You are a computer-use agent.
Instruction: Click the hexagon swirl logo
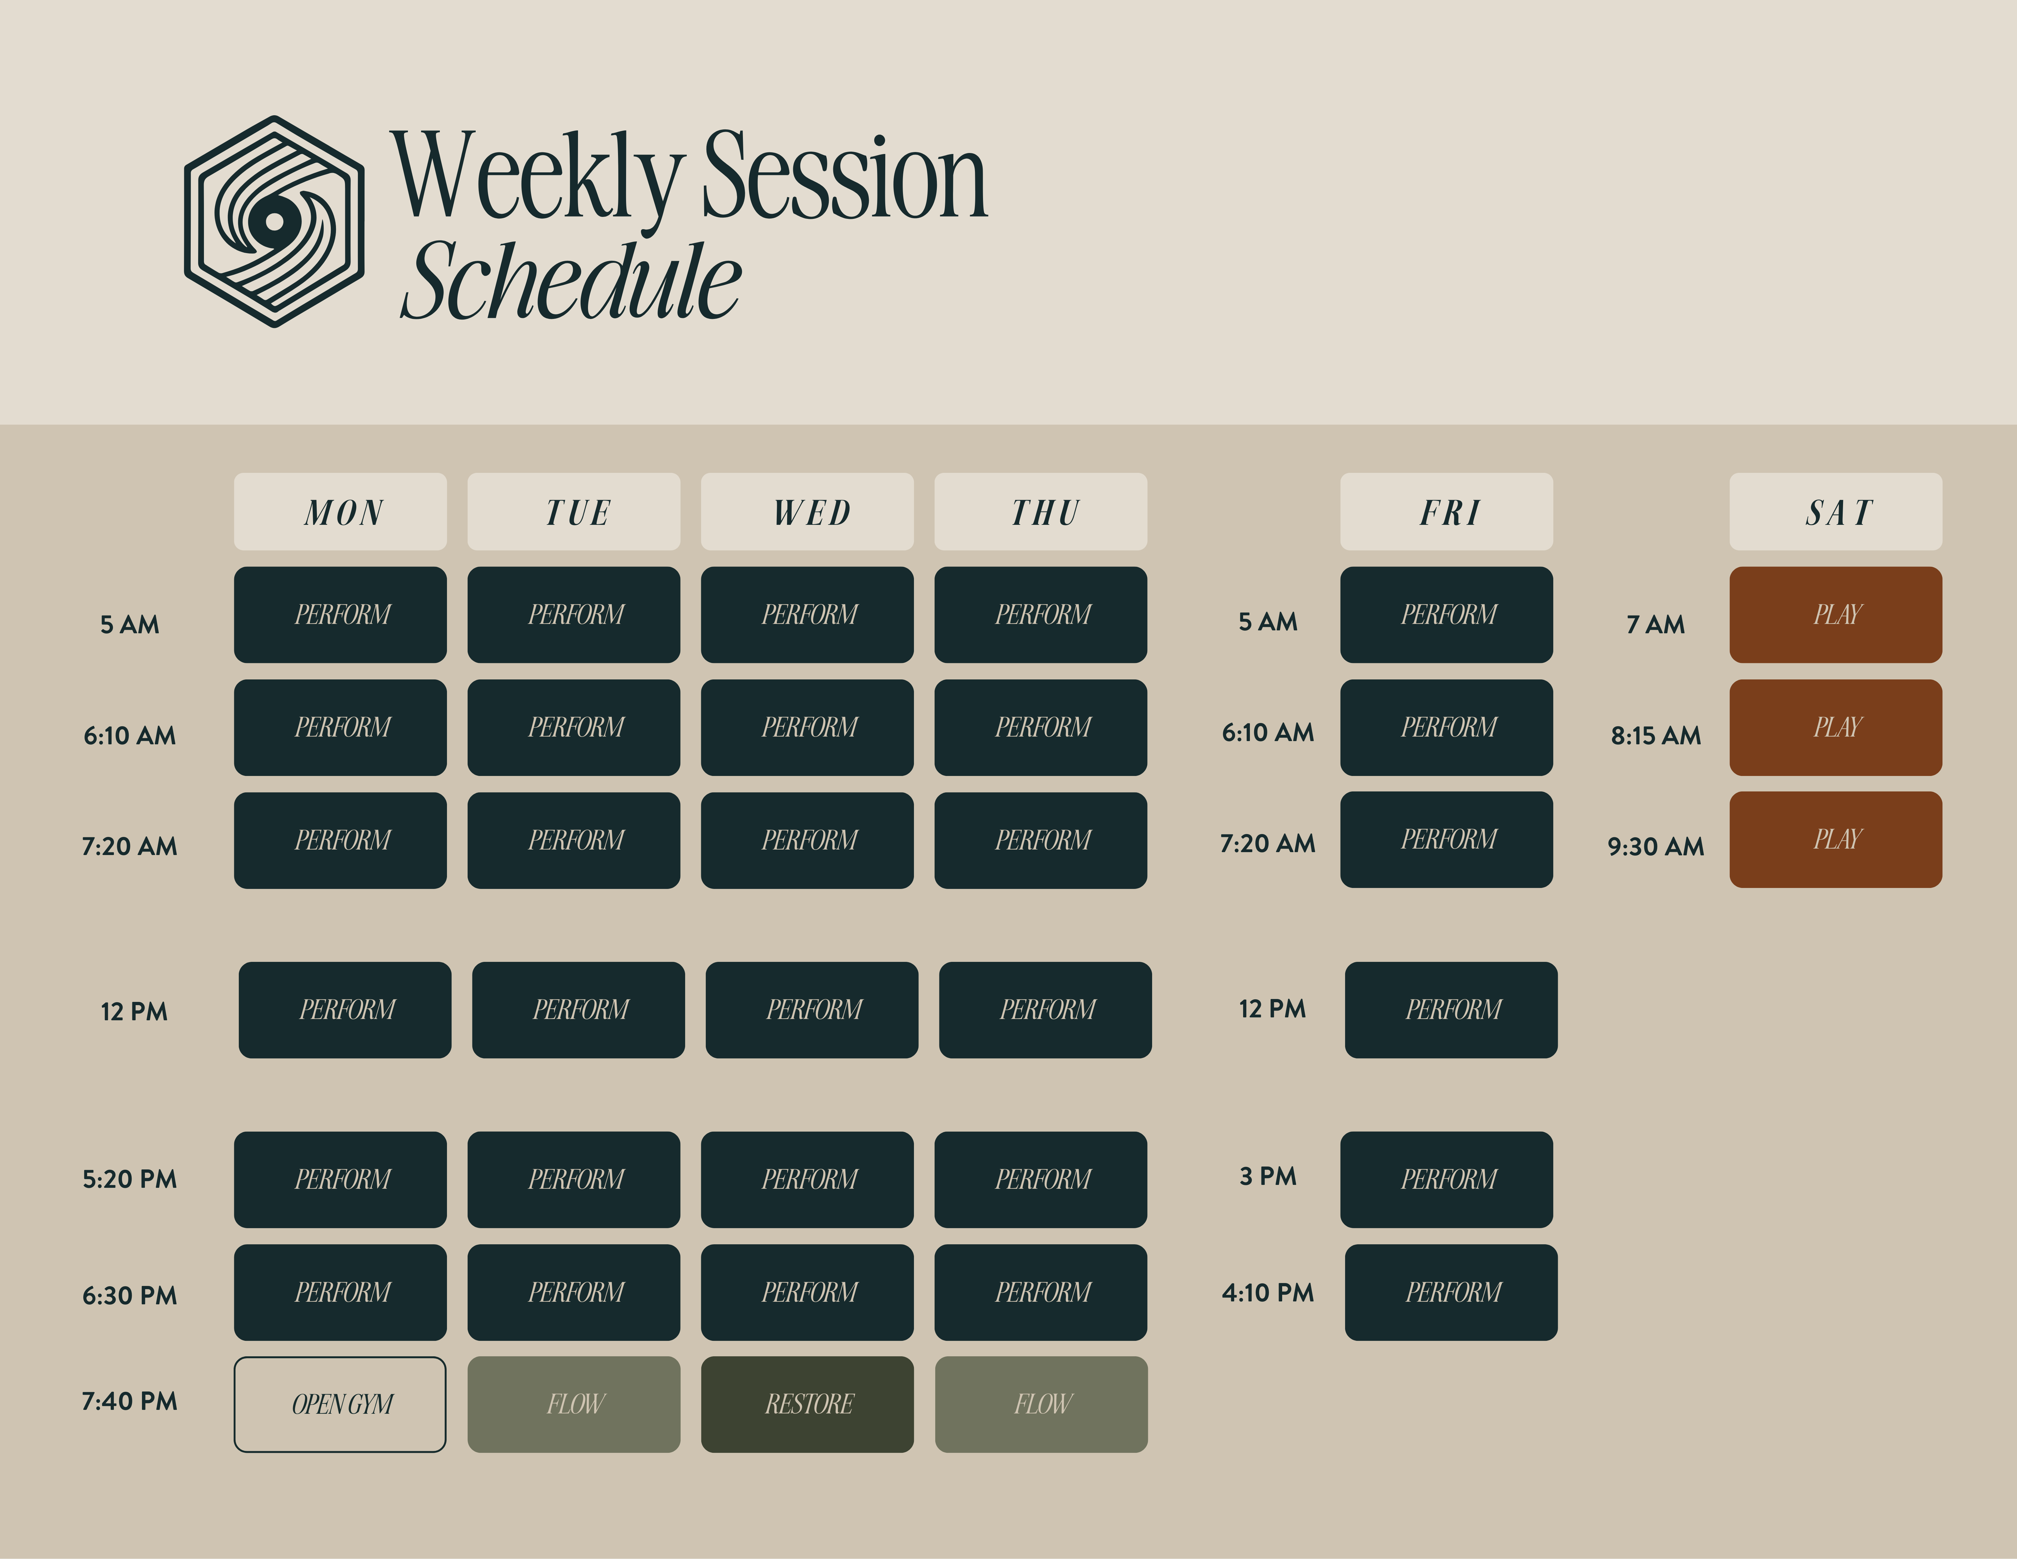(274, 222)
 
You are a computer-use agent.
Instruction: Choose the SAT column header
(1836, 512)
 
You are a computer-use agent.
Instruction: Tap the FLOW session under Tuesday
(573, 1404)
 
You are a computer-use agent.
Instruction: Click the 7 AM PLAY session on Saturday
(1836, 614)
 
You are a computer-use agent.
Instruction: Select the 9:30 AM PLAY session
(1836, 840)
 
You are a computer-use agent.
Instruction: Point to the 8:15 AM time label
(1656, 735)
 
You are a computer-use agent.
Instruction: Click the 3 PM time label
(1268, 1176)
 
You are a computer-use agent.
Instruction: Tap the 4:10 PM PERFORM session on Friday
(1451, 1292)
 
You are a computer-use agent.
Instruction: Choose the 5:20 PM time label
(129, 1178)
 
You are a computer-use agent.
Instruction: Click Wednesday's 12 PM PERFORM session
(812, 1009)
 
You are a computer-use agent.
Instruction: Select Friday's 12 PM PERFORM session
(1451, 1009)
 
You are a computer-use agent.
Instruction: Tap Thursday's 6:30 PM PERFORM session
(1041, 1292)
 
